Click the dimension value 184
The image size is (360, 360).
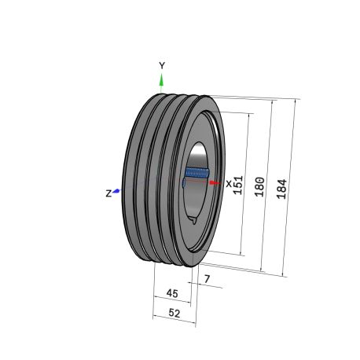click(282, 189)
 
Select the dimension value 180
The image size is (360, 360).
click(259, 187)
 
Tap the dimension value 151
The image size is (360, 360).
click(238, 185)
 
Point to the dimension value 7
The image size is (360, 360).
click(207, 279)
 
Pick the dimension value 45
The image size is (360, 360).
click(172, 293)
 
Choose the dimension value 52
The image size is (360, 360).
click(174, 313)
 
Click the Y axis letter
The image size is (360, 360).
click(162, 65)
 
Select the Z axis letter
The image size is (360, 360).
click(108, 193)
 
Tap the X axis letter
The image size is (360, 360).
click(229, 184)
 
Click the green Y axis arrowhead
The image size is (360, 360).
click(161, 80)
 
